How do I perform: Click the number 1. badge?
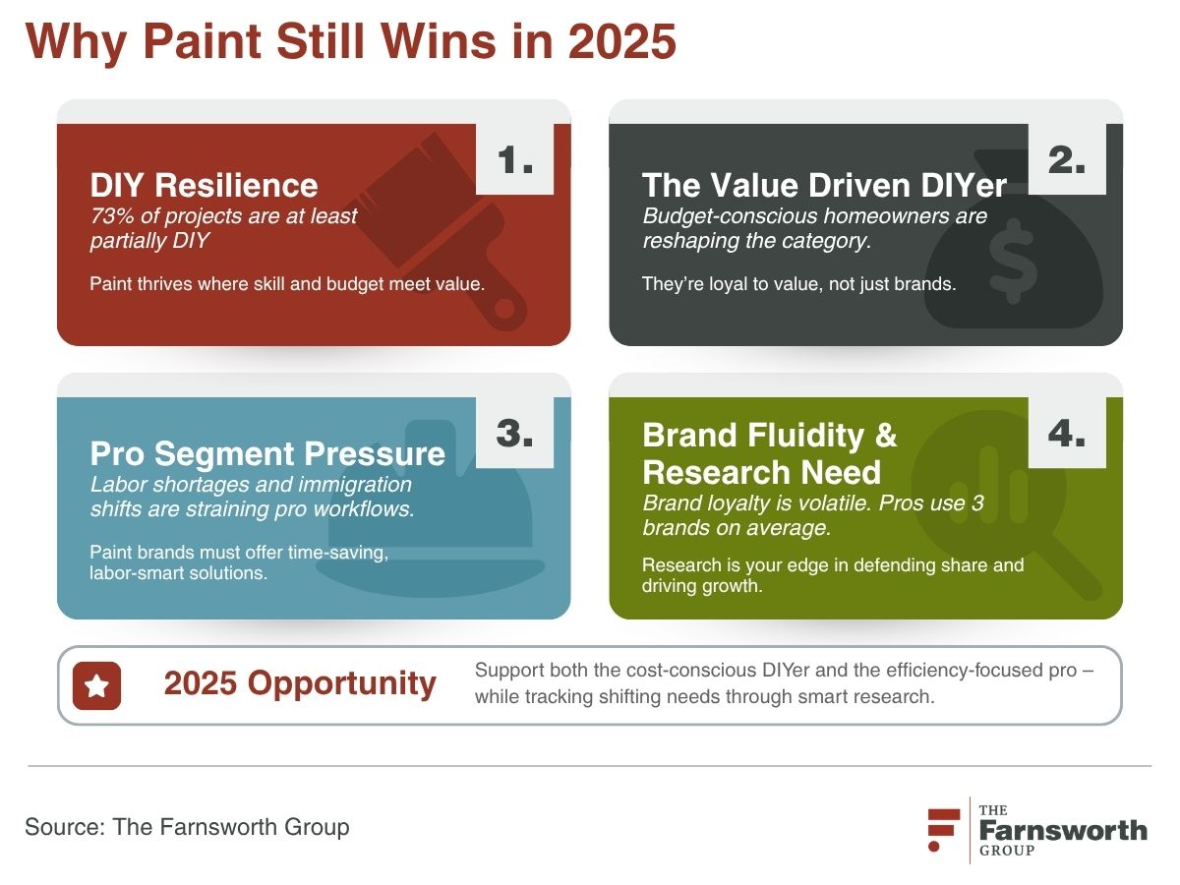(x=514, y=159)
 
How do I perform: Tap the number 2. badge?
(x=1067, y=159)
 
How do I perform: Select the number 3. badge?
(x=514, y=433)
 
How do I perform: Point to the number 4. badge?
(x=1067, y=433)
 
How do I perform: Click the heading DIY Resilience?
(x=204, y=186)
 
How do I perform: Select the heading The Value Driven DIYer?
(x=824, y=186)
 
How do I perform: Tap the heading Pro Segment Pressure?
(x=267, y=454)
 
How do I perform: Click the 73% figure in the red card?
(x=112, y=216)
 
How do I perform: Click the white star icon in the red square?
(x=96, y=685)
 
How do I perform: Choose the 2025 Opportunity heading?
(x=300, y=684)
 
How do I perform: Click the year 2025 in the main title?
(x=621, y=41)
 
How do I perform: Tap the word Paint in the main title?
(x=203, y=41)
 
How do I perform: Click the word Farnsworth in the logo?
(x=1063, y=831)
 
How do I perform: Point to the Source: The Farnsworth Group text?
(x=187, y=827)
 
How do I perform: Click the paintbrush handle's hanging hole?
(x=504, y=308)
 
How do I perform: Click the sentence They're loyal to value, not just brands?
(x=798, y=284)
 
